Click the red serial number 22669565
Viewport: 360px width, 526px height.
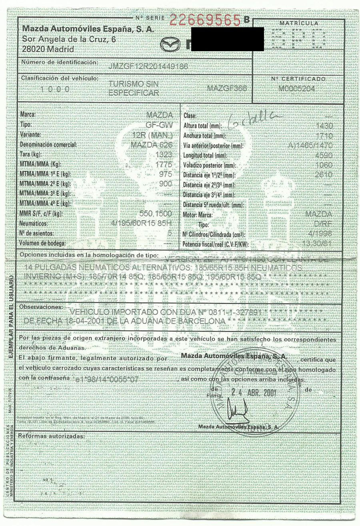click(x=206, y=20)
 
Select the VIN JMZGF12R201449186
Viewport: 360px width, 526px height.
click(x=148, y=66)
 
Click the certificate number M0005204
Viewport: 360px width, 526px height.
click(x=298, y=88)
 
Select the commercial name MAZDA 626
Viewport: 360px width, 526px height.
click(x=151, y=145)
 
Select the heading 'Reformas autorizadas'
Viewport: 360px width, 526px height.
click(x=52, y=435)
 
